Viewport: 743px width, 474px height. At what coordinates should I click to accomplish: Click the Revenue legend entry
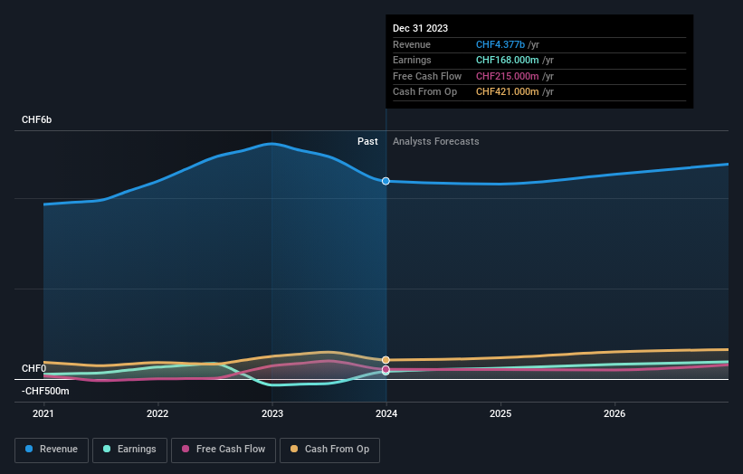click(52, 449)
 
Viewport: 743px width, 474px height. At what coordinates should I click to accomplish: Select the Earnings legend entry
click(129, 449)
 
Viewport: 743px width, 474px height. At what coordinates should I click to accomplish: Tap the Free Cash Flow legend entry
click(223, 449)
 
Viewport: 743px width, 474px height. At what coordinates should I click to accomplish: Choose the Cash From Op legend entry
click(329, 449)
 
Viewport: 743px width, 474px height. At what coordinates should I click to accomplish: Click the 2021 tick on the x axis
click(43, 414)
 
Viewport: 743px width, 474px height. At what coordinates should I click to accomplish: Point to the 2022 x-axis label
click(157, 414)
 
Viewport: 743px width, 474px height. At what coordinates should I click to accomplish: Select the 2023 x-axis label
click(272, 414)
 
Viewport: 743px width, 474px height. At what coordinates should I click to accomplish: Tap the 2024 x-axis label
click(386, 414)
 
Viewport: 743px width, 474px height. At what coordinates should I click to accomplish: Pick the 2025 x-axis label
click(500, 414)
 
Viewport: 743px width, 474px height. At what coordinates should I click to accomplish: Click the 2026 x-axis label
click(614, 414)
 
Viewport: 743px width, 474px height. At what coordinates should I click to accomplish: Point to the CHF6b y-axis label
click(37, 119)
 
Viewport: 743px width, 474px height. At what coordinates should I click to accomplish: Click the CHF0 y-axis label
click(33, 368)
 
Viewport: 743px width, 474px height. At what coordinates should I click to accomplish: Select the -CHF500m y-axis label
click(45, 391)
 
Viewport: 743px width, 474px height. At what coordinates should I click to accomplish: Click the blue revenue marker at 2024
click(386, 181)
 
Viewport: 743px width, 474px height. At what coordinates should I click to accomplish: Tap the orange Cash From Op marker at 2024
click(386, 360)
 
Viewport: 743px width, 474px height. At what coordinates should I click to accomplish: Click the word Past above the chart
click(367, 141)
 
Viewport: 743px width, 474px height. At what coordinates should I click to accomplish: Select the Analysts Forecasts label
click(435, 141)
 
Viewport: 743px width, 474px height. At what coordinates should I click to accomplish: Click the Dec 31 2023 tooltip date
click(420, 29)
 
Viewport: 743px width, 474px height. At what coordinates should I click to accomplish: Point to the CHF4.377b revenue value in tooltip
click(507, 45)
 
